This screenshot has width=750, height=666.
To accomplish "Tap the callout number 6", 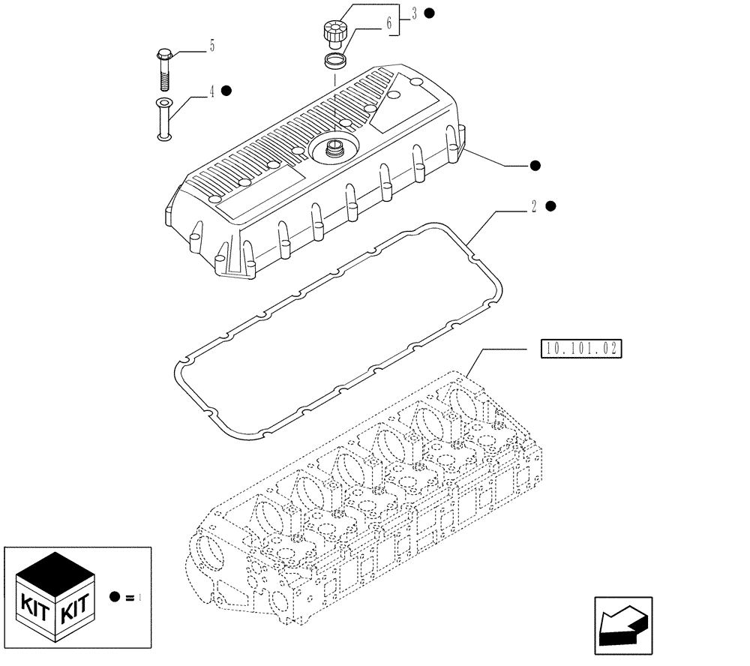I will point(388,24).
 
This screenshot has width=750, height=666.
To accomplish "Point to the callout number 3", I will point(413,13).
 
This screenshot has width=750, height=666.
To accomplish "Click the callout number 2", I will point(533,208).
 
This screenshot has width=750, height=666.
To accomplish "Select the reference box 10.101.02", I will point(581,349).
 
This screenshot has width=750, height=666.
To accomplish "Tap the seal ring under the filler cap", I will point(335,60).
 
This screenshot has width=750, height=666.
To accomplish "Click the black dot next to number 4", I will point(226,91).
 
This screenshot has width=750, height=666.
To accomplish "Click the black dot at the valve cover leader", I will point(535,165).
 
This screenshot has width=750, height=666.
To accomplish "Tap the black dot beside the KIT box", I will point(115,597).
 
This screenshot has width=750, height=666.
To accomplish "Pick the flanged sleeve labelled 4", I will point(163,118).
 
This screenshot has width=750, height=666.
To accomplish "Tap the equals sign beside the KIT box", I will point(130,598).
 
